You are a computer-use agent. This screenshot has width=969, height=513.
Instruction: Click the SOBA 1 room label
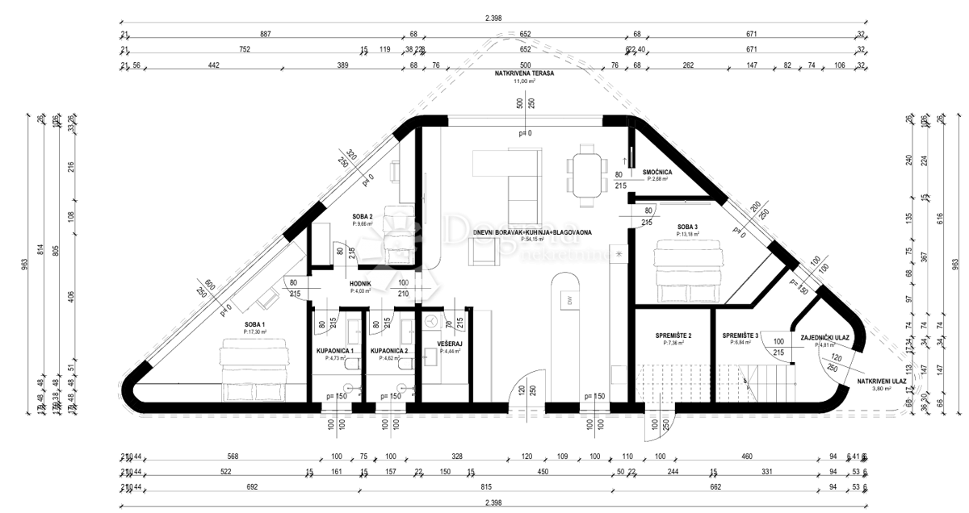[255, 325]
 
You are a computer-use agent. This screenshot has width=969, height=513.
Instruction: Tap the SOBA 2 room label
[362, 217]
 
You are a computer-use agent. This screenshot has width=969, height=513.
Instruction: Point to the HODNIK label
[360, 284]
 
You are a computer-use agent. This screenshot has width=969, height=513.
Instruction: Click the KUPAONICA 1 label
[335, 351]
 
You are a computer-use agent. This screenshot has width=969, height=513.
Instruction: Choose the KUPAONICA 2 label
[388, 351]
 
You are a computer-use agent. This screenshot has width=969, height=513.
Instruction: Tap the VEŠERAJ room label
[449, 344]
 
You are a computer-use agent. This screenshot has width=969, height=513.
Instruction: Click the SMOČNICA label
[659, 173]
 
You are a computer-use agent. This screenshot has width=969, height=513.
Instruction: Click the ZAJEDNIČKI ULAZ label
[823, 339]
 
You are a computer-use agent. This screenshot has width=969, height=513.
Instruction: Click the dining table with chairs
[587, 173]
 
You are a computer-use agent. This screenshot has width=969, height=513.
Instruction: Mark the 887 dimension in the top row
[266, 34]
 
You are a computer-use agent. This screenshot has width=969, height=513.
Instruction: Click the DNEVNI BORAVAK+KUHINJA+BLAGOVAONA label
[532, 232]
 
